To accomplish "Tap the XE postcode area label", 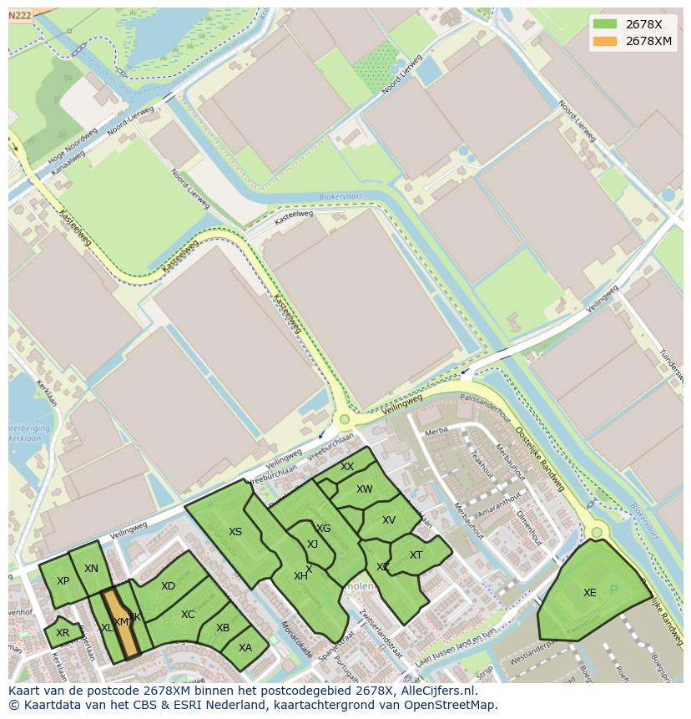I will click(590, 593).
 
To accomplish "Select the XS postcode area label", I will click(235, 532).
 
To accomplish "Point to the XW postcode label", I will click(365, 489).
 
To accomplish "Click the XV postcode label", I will click(389, 520).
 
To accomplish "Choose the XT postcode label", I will click(416, 555).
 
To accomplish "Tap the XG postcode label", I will click(324, 529).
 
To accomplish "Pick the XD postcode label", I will click(169, 586).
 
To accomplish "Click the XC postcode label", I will click(188, 615).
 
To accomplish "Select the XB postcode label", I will click(223, 628).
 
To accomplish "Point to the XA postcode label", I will click(245, 647).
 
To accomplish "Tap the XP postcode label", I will click(63, 581).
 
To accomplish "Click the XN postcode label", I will click(92, 569).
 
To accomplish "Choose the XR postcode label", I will click(63, 633).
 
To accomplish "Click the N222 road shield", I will click(20, 15).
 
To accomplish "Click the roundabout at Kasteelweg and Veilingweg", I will click(344, 419).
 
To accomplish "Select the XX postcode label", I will click(347, 467).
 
